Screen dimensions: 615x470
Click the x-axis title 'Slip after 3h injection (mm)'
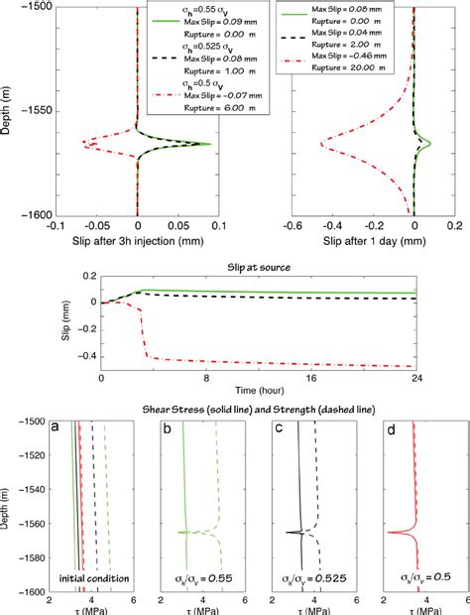(137, 240)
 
